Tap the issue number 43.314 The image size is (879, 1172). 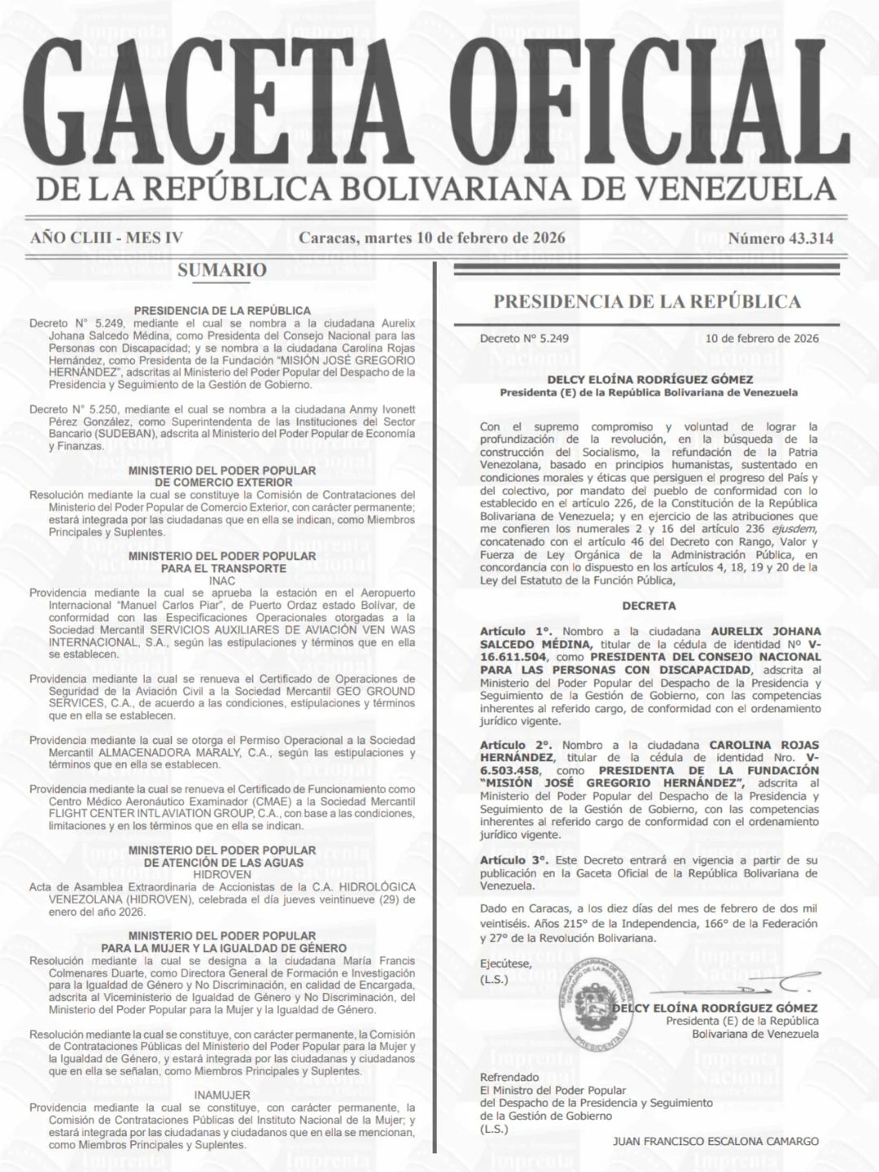click(x=781, y=238)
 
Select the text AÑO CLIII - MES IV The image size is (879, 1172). click(x=107, y=238)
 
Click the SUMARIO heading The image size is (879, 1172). click(x=222, y=270)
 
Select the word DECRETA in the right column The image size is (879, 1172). click(x=649, y=606)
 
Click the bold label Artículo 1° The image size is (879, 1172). click(x=516, y=631)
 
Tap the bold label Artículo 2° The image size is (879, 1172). click(x=516, y=745)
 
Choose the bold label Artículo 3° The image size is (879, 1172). click(x=516, y=859)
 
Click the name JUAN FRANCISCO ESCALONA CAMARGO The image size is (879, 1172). click(x=715, y=1141)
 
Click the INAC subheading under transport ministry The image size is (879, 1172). click(x=222, y=581)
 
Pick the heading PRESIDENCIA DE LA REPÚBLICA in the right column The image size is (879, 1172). click(x=647, y=302)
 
